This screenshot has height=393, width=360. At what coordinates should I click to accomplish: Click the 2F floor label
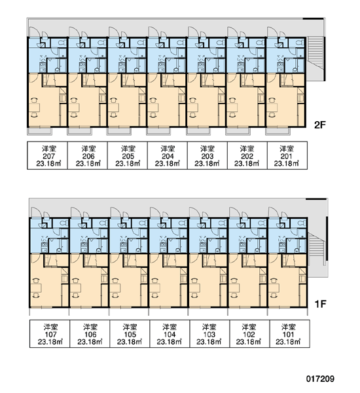319,124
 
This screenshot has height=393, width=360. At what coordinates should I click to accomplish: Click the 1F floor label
320,304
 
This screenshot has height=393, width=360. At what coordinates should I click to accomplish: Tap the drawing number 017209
320,379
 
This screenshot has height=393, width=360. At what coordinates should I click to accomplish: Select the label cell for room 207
47,156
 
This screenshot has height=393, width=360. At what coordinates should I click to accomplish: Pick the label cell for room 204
167,156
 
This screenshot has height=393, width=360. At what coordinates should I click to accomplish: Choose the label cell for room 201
287,156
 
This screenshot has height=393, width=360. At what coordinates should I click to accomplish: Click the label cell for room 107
50,334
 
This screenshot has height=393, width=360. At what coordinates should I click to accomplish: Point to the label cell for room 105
130,334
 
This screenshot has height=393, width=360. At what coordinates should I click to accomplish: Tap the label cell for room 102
249,334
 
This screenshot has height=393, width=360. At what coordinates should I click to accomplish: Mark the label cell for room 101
289,334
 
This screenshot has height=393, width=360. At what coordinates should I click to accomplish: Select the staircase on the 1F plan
316,249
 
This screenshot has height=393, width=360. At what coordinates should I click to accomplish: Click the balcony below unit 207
39,132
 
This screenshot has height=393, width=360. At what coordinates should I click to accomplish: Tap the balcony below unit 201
278,132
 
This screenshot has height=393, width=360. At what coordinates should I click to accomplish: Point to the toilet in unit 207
61,43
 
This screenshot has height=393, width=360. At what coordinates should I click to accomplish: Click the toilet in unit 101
302,223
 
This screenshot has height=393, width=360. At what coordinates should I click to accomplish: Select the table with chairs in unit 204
153,107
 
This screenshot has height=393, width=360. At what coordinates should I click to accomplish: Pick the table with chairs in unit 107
35,288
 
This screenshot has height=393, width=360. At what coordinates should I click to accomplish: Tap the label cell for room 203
207,156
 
